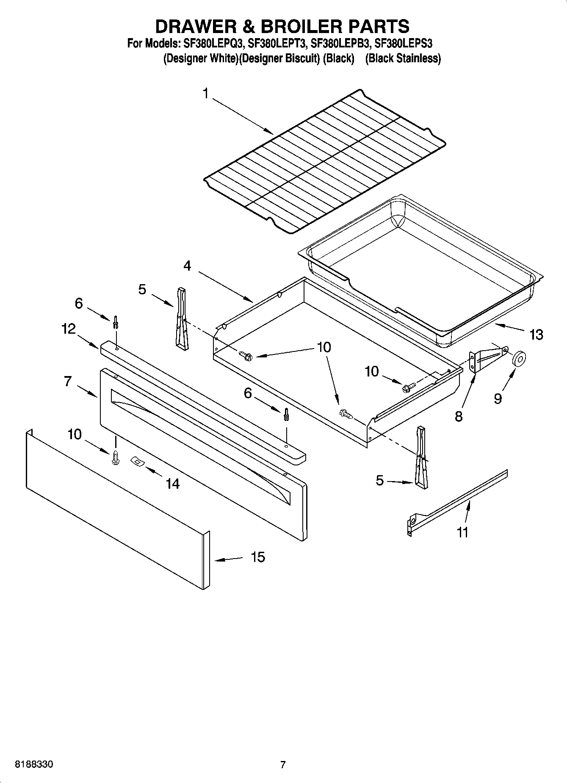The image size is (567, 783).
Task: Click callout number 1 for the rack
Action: click(x=206, y=93)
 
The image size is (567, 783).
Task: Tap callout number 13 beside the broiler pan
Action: click(x=536, y=335)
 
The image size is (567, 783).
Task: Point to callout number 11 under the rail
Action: click(x=462, y=532)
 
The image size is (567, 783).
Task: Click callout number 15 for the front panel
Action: click(x=257, y=557)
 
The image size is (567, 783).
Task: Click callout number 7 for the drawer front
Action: click(x=68, y=381)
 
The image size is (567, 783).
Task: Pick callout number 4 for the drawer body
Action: click(x=187, y=266)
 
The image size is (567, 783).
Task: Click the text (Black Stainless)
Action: click(x=403, y=58)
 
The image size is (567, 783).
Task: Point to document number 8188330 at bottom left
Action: click(x=34, y=765)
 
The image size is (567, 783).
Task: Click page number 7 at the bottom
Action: click(x=283, y=765)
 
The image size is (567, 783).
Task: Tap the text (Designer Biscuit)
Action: click(x=279, y=58)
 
